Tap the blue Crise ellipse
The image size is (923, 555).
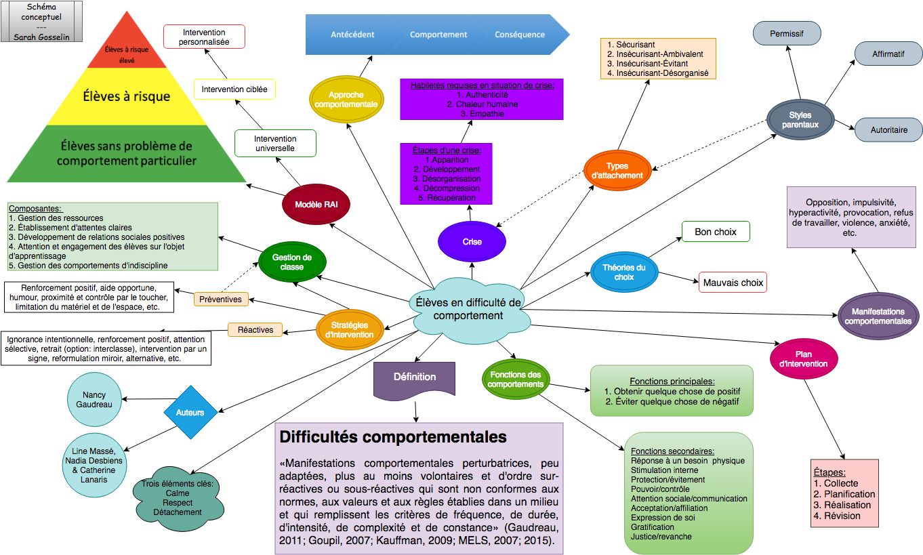[472, 241]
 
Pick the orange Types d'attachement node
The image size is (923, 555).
[617, 171]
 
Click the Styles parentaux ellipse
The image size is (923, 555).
[800, 120]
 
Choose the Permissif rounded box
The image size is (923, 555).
[786, 33]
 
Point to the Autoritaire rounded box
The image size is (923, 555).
[888, 129]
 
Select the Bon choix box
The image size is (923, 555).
[716, 232]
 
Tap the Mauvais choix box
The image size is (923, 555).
[733, 283]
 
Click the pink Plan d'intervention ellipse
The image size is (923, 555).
[804, 358]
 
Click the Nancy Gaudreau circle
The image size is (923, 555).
[94, 400]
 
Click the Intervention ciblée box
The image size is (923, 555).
[234, 89]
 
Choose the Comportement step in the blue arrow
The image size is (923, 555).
[438, 35]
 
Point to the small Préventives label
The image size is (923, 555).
[222, 299]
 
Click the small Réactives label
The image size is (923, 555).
[255, 330]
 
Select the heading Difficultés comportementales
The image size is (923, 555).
[393, 437]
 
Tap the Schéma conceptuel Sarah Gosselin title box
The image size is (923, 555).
[42, 20]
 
